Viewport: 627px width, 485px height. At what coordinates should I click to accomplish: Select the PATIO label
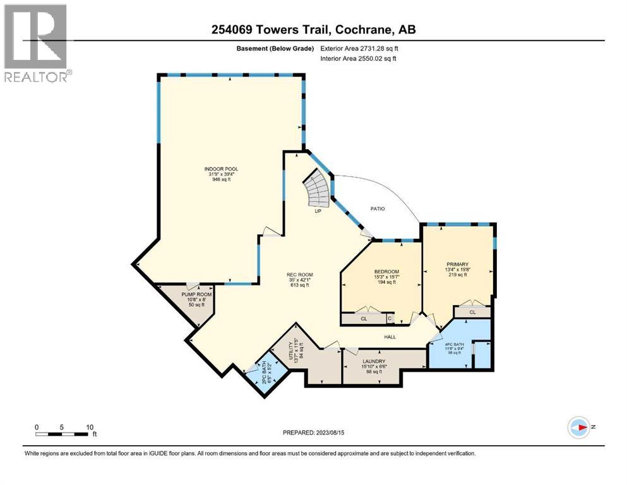tap(377, 208)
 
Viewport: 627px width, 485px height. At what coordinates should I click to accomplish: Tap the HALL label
tap(390, 337)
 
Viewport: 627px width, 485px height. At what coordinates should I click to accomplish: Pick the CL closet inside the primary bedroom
tap(472, 312)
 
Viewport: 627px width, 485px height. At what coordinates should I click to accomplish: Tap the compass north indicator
tap(579, 427)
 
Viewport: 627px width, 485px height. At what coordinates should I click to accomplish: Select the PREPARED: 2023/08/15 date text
tap(314, 433)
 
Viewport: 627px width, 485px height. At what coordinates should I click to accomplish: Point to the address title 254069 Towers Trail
tap(313, 30)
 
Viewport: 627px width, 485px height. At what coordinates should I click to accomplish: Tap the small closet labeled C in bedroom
tap(389, 319)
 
